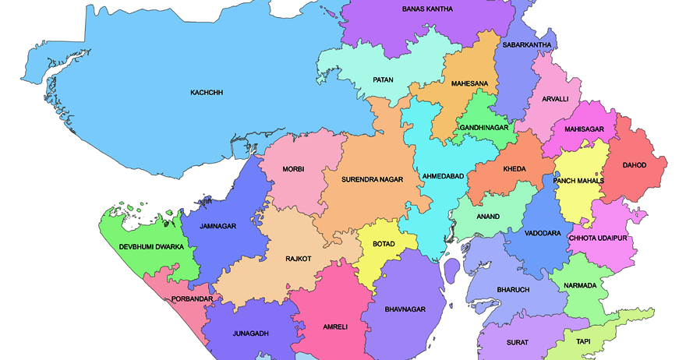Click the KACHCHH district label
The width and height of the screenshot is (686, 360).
[207, 93]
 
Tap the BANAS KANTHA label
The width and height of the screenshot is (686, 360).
[427, 9]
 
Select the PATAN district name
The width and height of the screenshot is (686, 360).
[382, 79]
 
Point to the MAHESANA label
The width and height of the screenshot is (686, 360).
[469, 83]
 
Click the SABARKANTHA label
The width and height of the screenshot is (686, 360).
[527, 45]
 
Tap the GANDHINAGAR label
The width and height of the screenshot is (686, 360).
[484, 127]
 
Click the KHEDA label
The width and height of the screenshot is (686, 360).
[514, 169]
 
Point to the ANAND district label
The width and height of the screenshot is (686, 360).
[488, 217]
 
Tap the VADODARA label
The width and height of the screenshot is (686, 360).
[543, 234]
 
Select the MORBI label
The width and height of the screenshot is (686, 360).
[293, 169]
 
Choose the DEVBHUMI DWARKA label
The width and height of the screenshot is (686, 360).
[151, 247]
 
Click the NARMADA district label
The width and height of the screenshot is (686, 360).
[580, 285]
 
